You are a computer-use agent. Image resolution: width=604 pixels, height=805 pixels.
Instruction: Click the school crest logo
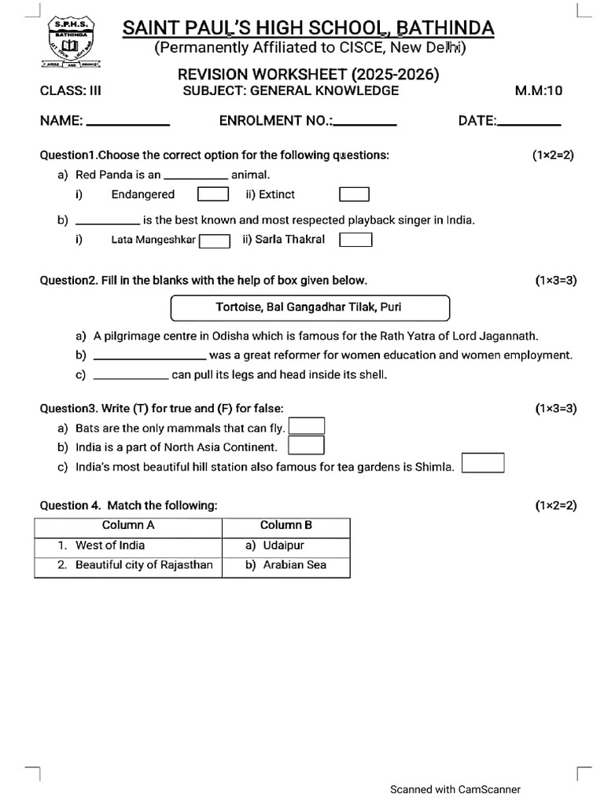click(x=72, y=44)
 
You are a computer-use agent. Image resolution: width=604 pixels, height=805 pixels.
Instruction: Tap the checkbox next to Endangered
click(x=212, y=194)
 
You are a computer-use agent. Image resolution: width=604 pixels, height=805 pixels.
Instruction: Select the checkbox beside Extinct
click(x=354, y=194)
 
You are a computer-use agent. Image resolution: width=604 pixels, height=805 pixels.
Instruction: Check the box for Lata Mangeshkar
click(x=214, y=241)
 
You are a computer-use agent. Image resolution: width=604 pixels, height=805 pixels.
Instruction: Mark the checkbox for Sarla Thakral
click(x=355, y=239)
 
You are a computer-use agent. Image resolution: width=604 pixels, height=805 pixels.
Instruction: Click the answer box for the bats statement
click(x=307, y=426)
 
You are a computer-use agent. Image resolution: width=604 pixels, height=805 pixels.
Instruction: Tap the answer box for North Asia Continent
click(x=307, y=446)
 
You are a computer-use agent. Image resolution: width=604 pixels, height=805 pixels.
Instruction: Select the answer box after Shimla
click(x=483, y=463)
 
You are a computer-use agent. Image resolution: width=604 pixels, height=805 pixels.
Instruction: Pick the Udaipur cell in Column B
click(x=285, y=546)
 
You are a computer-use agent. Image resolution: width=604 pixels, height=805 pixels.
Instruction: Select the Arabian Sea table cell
click(x=285, y=565)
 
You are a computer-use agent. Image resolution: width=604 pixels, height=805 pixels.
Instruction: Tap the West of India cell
click(x=128, y=546)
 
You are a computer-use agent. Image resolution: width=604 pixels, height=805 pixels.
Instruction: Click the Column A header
click(x=128, y=525)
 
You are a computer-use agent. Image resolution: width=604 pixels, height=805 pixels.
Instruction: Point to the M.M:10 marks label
click(x=539, y=90)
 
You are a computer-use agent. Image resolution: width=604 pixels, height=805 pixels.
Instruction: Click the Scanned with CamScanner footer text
click(x=455, y=789)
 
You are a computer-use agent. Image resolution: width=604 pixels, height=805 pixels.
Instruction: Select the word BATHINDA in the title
click(x=446, y=29)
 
